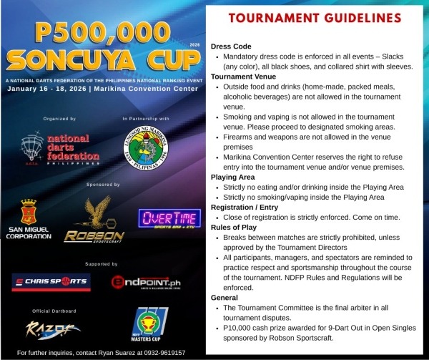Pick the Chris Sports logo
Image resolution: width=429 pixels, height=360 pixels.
pyautogui.click(x=50, y=281)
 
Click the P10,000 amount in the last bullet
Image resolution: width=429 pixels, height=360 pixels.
pyautogui.click(x=241, y=327)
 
